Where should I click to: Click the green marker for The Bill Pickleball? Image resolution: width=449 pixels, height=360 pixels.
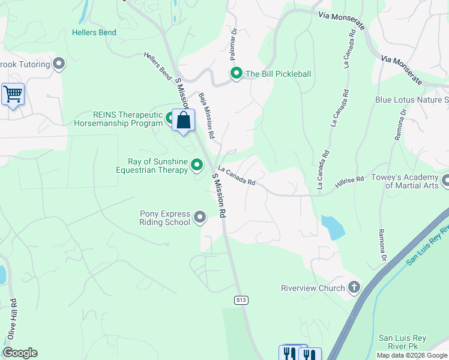coord(237,74)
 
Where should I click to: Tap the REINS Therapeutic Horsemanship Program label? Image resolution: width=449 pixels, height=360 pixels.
coord(118,119)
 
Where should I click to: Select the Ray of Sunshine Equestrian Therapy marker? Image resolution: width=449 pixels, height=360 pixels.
coord(197,164)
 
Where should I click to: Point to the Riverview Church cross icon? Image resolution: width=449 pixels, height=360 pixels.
coord(354,287)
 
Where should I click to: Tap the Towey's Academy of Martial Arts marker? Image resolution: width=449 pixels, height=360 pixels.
coord(445,180)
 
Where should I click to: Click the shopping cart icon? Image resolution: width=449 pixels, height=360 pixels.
coord(13,94)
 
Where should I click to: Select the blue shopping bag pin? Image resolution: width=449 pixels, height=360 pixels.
coord(184,120)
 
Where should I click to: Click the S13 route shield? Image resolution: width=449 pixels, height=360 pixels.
coord(241,299)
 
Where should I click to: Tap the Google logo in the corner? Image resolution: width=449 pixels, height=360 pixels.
coord(20,353)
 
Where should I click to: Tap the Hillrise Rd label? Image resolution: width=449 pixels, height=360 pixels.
coord(350,180)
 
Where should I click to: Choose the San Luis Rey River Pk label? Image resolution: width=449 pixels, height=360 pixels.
coord(402,343)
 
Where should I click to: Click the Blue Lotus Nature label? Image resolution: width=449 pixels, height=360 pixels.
coord(411,100)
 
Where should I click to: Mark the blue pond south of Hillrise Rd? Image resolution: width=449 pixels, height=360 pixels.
coord(333,227)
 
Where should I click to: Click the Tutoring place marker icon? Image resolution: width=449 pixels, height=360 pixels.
coord(59,63)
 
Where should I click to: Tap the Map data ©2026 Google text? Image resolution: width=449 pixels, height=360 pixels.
coord(412,355)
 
